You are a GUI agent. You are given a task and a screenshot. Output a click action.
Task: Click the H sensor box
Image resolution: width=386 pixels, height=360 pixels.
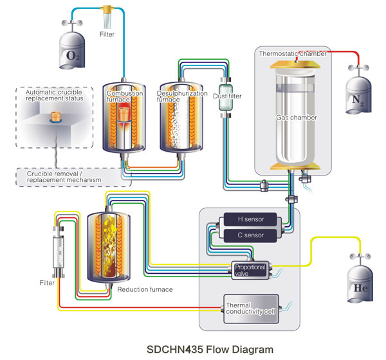[x=251, y=219]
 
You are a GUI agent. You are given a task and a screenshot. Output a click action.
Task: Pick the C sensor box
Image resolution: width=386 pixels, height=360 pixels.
[x=251, y=235]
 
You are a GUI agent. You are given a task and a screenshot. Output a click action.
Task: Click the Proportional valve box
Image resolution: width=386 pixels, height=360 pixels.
[x=250, y=270]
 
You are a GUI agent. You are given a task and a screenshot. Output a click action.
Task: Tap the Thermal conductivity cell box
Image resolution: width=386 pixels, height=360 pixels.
[x=251, y=309]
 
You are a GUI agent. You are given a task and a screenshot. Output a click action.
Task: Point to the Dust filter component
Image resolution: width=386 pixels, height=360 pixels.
[x=226, y=97]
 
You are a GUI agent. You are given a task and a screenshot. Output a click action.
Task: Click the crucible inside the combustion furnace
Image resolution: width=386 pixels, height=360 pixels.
[x=124, y=114]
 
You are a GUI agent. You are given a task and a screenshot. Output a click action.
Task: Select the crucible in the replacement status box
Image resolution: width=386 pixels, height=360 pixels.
[x=56, y=116]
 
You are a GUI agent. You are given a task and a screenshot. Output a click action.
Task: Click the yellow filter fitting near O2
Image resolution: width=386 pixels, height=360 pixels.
[x=107, y=10]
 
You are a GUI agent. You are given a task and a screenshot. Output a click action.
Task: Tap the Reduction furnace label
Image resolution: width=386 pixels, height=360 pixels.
[x=145, y=289]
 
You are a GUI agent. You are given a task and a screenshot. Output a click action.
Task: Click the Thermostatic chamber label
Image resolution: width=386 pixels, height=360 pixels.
[x=293, y=53]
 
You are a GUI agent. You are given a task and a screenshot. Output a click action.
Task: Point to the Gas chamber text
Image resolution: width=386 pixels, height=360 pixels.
[x=297, y=118]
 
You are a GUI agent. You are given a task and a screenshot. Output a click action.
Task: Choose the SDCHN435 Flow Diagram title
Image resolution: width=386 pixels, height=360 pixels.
[x=210, y=350]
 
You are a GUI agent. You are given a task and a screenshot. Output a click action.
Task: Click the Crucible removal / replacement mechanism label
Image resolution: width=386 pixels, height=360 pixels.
[x=64, y=177]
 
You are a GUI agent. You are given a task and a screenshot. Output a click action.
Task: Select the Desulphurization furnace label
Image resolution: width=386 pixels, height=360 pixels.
[x=182, y=96]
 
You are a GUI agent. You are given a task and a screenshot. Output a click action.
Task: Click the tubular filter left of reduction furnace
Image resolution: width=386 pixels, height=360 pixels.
[x=59, y=252]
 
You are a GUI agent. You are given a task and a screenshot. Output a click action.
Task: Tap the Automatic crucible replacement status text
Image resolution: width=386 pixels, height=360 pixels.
[x=55, y=95]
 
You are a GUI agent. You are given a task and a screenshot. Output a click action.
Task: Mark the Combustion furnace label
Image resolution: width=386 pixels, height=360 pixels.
[x=125, y=96]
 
